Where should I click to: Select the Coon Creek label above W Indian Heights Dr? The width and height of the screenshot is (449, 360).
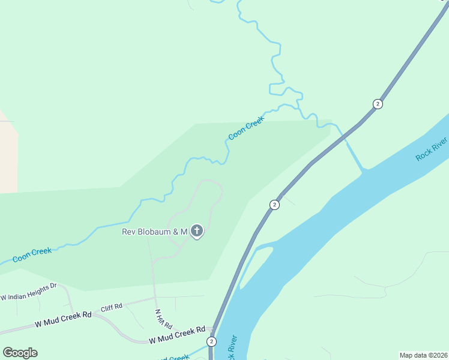pyautogui.click(x=32, y=255)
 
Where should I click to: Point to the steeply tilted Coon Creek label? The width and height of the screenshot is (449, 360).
pyautogui.click(x=246, y=128)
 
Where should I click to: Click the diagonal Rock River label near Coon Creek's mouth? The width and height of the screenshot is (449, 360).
pyautogui.click(x=432, y=148)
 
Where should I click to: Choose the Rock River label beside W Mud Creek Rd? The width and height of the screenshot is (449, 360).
pyautogui.click(x=231, y=347)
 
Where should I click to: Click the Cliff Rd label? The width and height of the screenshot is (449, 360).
pyautogui.click(x=111, y=307)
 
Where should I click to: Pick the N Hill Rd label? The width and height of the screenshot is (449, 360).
pyautogui.click(x=159, y=319)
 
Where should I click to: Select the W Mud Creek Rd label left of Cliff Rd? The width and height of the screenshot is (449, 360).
pyautogui.click(x=62, y=319)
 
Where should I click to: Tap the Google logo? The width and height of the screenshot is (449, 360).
pyautogui.click(x=20, y=353)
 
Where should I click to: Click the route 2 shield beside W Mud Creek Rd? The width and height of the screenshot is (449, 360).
pyautogui.click(x=211, y=341)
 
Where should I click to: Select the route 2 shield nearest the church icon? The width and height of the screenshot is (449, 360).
pyautogui.click(x=274, y=205)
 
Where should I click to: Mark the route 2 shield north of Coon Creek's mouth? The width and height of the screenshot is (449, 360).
pyautogui.click(x=377, y=104)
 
